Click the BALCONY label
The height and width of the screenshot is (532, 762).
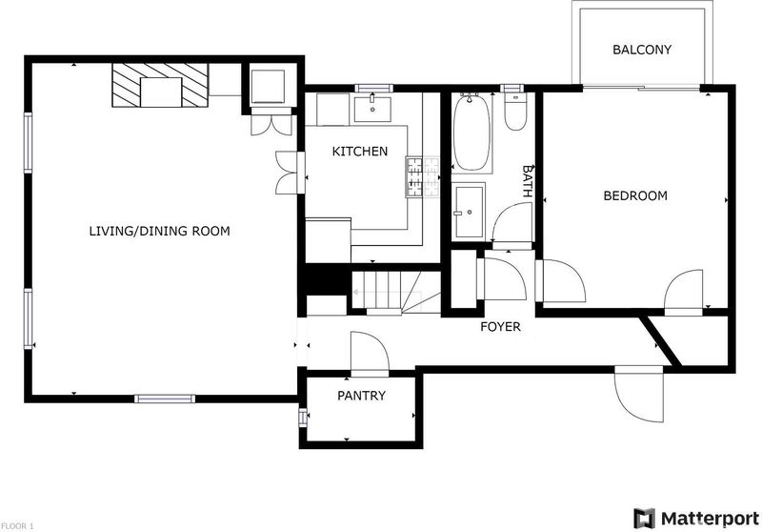point(641,50)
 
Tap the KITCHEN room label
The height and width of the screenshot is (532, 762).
point(360,152)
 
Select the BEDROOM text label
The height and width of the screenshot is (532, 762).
point(635,195)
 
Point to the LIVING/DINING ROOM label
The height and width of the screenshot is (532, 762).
point(159,231)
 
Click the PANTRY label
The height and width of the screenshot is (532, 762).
point(361,396)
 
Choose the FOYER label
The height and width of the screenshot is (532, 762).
point(500,327)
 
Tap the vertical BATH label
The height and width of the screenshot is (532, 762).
point(528,180)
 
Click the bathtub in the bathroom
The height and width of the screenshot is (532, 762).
point(471,133)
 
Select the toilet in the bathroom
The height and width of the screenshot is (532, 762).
point(514,112)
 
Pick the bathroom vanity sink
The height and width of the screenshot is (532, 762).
point(470,212)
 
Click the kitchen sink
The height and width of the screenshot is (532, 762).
point(372,110)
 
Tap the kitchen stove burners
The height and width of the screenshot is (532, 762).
point(423,177)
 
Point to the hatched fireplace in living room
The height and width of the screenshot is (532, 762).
point(160,85)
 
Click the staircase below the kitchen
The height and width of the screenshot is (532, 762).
point(396,291)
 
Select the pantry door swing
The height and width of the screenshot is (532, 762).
point(370,353)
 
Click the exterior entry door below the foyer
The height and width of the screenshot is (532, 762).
point(638,393)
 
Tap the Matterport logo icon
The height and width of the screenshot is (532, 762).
point(645,519)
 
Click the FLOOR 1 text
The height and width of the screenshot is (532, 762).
point(17,526)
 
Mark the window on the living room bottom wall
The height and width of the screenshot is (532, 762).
point(165,399)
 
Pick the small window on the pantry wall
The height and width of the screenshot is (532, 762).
point(303,418)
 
